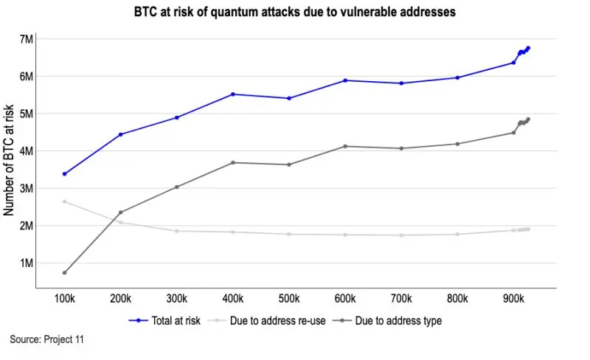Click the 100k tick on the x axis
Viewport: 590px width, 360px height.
(64, 299)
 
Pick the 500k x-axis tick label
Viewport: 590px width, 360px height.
(288, 299)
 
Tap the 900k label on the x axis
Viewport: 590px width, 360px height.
(513, 299)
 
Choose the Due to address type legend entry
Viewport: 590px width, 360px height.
(390, 321)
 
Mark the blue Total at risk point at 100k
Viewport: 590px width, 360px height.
(65, 174)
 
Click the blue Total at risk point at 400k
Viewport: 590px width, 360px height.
(233, 94)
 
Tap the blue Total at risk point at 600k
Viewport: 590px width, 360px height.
(345, 80)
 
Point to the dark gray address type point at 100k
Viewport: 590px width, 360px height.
(65, 273)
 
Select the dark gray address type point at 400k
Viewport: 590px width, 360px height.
(233, 162)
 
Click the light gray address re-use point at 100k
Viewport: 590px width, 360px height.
(65, 201)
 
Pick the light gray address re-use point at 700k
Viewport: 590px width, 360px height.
(401, 235)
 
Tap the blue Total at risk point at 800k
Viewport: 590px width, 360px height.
(457, 77)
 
